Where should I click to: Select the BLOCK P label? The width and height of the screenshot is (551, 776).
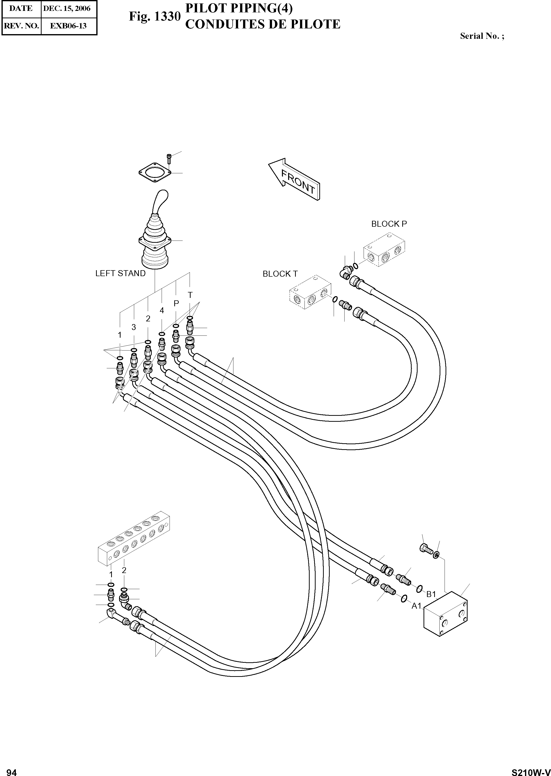[x=389, y=224]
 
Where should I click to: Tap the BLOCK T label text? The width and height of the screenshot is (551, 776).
[x=280, y=274]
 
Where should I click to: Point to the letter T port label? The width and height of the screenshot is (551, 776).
[x=190, y=295]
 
